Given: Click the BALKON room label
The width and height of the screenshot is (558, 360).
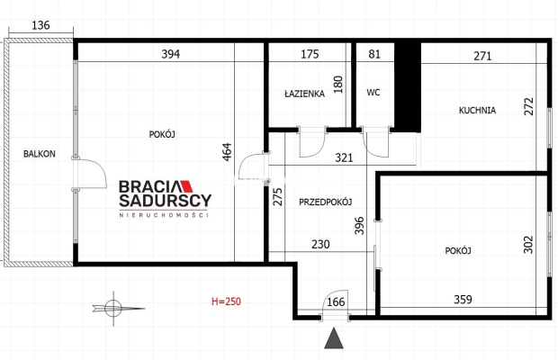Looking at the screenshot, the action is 39,154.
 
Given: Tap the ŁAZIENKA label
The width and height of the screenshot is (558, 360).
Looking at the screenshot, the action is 304,94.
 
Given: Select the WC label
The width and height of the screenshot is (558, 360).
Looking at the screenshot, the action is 373,93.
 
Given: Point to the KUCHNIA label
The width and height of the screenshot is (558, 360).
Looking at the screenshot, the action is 477,111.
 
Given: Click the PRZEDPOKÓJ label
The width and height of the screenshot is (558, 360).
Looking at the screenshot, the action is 325,202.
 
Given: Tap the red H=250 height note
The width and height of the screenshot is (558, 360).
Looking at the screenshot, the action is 226,301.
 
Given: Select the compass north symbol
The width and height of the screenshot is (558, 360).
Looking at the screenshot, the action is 114,308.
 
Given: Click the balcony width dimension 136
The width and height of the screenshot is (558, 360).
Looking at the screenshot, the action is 40,25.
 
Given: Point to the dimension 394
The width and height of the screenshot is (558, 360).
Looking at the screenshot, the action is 171,54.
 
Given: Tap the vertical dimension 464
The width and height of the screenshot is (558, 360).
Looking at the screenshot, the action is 227,152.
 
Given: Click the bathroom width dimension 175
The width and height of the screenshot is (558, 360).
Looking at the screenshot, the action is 310,54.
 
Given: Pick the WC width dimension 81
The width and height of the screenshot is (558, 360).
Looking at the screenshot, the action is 374,54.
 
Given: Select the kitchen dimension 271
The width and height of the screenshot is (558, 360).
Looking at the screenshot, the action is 483,56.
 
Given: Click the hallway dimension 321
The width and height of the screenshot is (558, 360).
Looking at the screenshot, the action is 344,157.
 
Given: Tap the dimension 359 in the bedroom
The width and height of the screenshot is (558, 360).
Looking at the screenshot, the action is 463,300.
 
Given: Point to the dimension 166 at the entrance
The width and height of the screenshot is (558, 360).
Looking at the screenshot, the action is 336,301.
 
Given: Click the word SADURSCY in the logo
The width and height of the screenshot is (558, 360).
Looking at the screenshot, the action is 165,201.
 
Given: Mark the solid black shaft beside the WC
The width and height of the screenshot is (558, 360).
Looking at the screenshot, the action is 408,86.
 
